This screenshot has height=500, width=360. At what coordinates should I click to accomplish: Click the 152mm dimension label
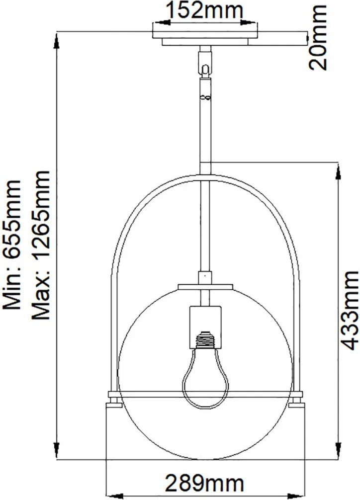click(x=205, y=10)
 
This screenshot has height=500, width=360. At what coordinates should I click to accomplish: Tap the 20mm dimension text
click(x=318, y=37)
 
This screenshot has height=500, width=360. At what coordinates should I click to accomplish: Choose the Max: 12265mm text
click(x=41, y=245)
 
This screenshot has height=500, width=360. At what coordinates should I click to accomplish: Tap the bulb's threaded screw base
click(x=206, y=340)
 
